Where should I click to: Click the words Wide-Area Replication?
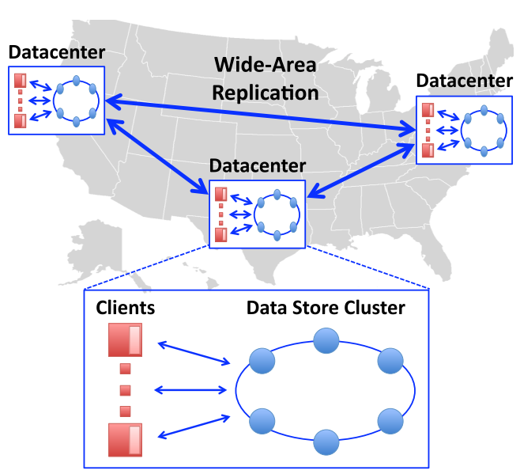(265, 78)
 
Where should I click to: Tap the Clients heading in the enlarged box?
(126, 308)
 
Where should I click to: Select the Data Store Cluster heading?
(326, 308)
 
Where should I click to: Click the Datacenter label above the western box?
(57, 52)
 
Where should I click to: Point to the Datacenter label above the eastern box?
(465, 81)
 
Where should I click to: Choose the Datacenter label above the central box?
(258, 165)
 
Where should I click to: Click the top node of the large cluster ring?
(326, 341)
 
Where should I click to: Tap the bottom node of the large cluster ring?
(326, 442)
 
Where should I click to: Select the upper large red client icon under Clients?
(126, 339)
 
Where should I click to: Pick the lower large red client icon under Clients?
(126, 440)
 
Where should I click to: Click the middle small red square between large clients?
(125, 390)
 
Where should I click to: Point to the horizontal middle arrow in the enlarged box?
(190, 389)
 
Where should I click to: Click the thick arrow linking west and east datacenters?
(260, 115)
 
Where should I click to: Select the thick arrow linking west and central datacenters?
(157, 156)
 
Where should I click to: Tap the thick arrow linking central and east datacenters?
(361, 171)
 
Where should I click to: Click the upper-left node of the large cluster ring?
(262, 361)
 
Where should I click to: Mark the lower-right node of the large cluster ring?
(390, 421)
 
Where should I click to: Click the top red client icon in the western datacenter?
(21, 81)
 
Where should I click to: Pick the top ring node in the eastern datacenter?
(484, 110)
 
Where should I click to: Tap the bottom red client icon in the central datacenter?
(221, 235)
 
